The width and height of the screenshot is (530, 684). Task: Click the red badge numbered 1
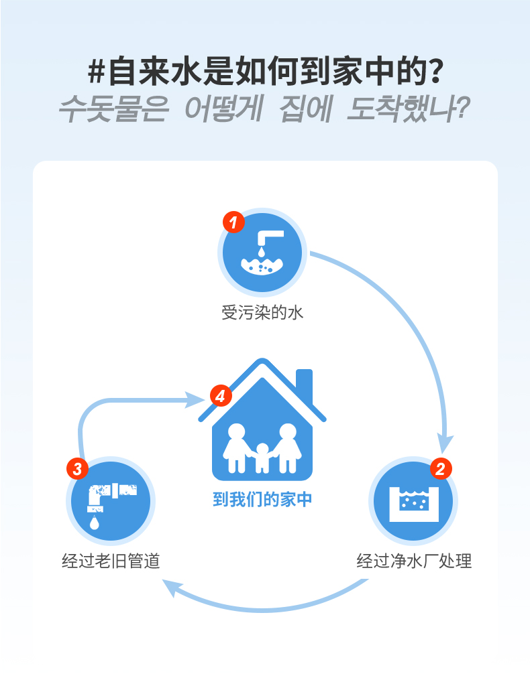point(233,222)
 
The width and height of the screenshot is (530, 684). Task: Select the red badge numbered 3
point(77,468)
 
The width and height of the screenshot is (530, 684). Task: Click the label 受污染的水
point(262,313)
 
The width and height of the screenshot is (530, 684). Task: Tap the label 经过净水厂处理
point(414,561)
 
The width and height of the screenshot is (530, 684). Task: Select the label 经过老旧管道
point(111,561)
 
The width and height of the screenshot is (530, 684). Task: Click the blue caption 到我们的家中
point(262,500)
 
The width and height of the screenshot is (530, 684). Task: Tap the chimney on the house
point(304,385)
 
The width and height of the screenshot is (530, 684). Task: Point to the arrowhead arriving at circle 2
point(445,442)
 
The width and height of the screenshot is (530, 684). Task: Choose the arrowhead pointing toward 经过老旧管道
point(172,588)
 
